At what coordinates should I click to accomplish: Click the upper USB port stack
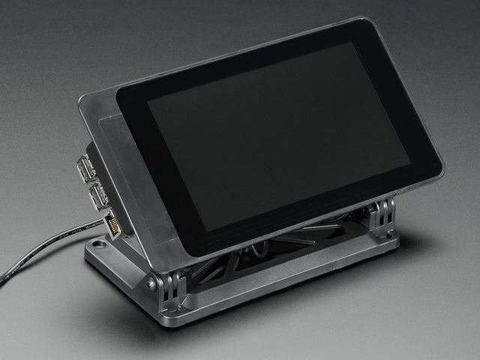coord(86,167)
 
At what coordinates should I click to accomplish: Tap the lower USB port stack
coord(97,196)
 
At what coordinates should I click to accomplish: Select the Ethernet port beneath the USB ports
coord(114,224)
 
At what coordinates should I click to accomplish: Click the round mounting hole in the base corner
coord(98,244)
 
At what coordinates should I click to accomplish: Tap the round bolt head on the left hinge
coord(152,285)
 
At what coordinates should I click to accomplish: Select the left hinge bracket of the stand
coord(172,289)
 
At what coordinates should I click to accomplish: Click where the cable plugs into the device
coord(105,223)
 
